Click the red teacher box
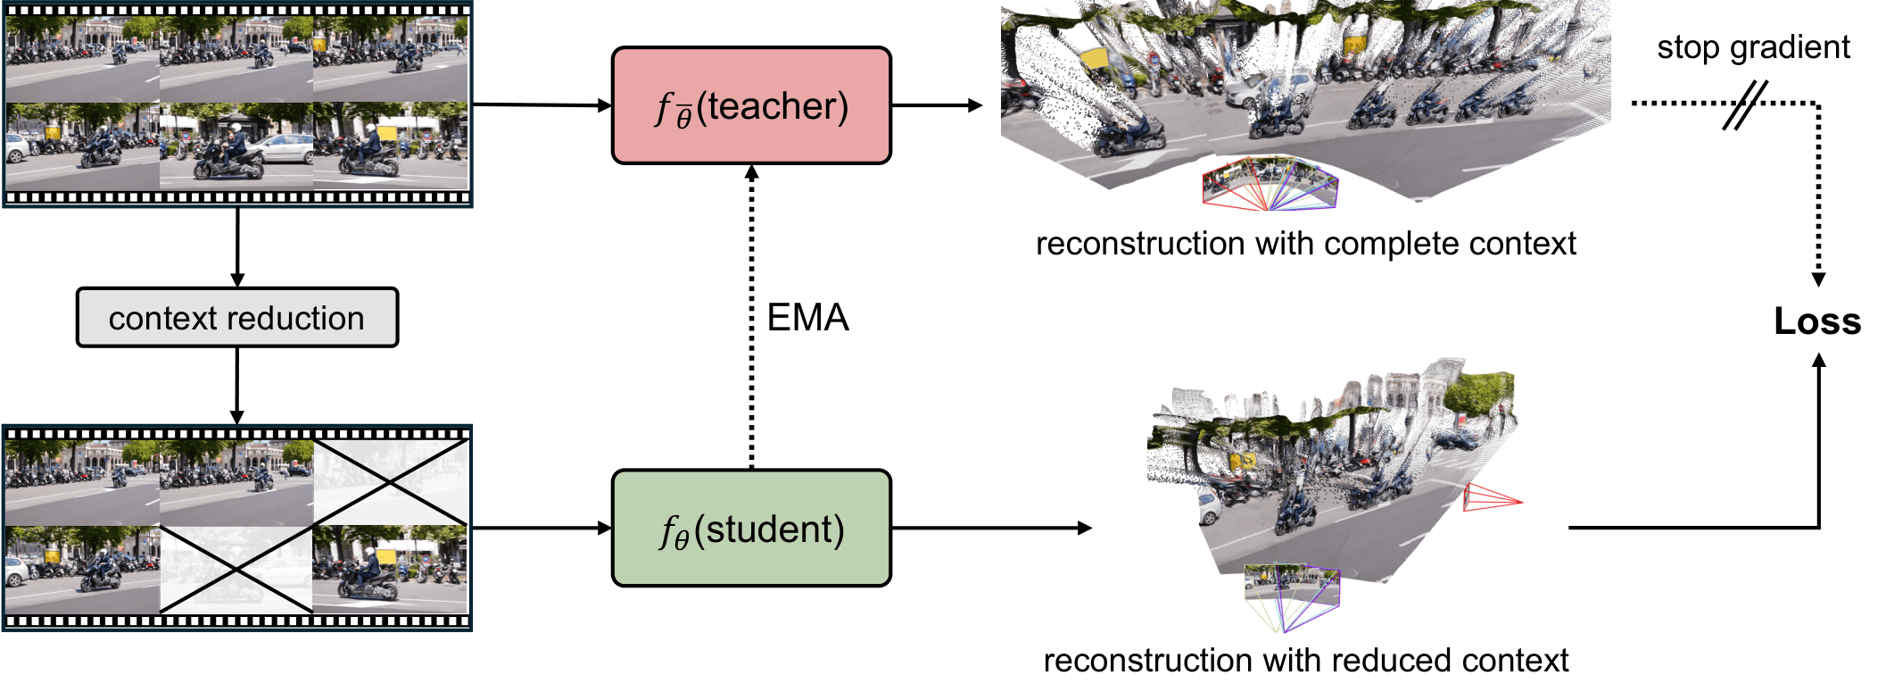751,105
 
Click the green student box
751,529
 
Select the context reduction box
237,318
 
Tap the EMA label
807,318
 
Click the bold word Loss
1816,321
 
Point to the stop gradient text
1753,47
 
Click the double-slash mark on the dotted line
1744,105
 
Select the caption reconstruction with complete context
1305,244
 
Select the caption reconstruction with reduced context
1305,661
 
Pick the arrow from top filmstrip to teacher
542,105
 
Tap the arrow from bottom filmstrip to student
542,529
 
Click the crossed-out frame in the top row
391,482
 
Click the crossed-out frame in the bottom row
236,569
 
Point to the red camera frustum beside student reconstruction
1491,498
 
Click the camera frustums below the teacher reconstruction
1270,185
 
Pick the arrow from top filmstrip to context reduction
237,247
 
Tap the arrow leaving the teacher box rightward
937,105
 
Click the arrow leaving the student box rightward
991,529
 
